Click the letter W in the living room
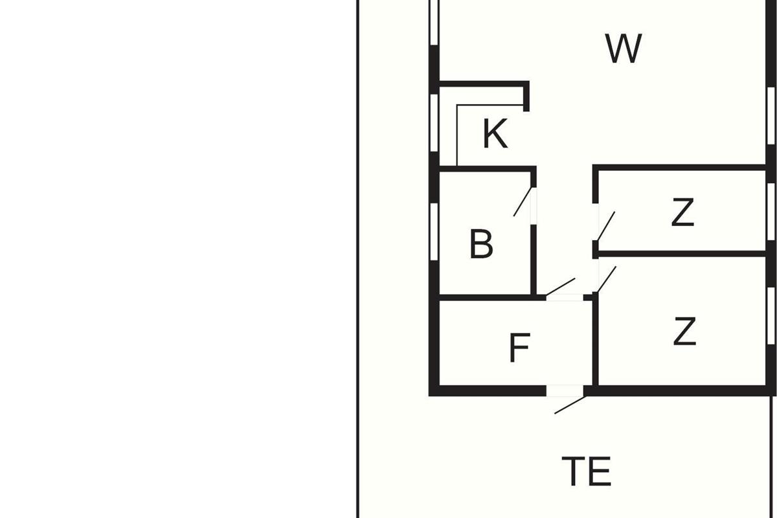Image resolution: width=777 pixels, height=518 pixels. [624, 49]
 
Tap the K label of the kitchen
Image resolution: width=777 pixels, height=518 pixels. [495, 133]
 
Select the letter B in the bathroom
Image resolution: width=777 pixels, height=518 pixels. [481, 243]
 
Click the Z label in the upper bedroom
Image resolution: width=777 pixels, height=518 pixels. [682, 212]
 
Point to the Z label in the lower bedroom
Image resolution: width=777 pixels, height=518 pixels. [685, 332]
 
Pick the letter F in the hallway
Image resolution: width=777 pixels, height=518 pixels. [519, 348]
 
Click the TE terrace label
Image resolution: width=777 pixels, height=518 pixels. [586, 471]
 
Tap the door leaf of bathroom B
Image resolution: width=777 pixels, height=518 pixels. [523, 201]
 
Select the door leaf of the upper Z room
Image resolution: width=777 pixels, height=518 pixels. [605, 226]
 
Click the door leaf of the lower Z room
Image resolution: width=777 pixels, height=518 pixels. [606, 279]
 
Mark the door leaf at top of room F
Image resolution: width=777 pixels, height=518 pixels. [561, 287]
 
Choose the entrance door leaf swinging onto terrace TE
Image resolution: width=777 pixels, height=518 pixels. [570, 405]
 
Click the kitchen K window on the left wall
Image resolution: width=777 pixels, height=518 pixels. [434, 123]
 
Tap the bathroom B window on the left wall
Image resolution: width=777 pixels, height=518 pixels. [434, 232]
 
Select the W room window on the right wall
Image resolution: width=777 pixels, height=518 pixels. [771, 115]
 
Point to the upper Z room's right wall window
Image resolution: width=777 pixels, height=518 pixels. [771, 212]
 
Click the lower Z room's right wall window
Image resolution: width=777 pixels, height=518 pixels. [771, 316]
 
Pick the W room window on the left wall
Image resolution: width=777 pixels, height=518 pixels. [434, 22]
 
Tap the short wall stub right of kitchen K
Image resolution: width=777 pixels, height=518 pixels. [526, 96]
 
